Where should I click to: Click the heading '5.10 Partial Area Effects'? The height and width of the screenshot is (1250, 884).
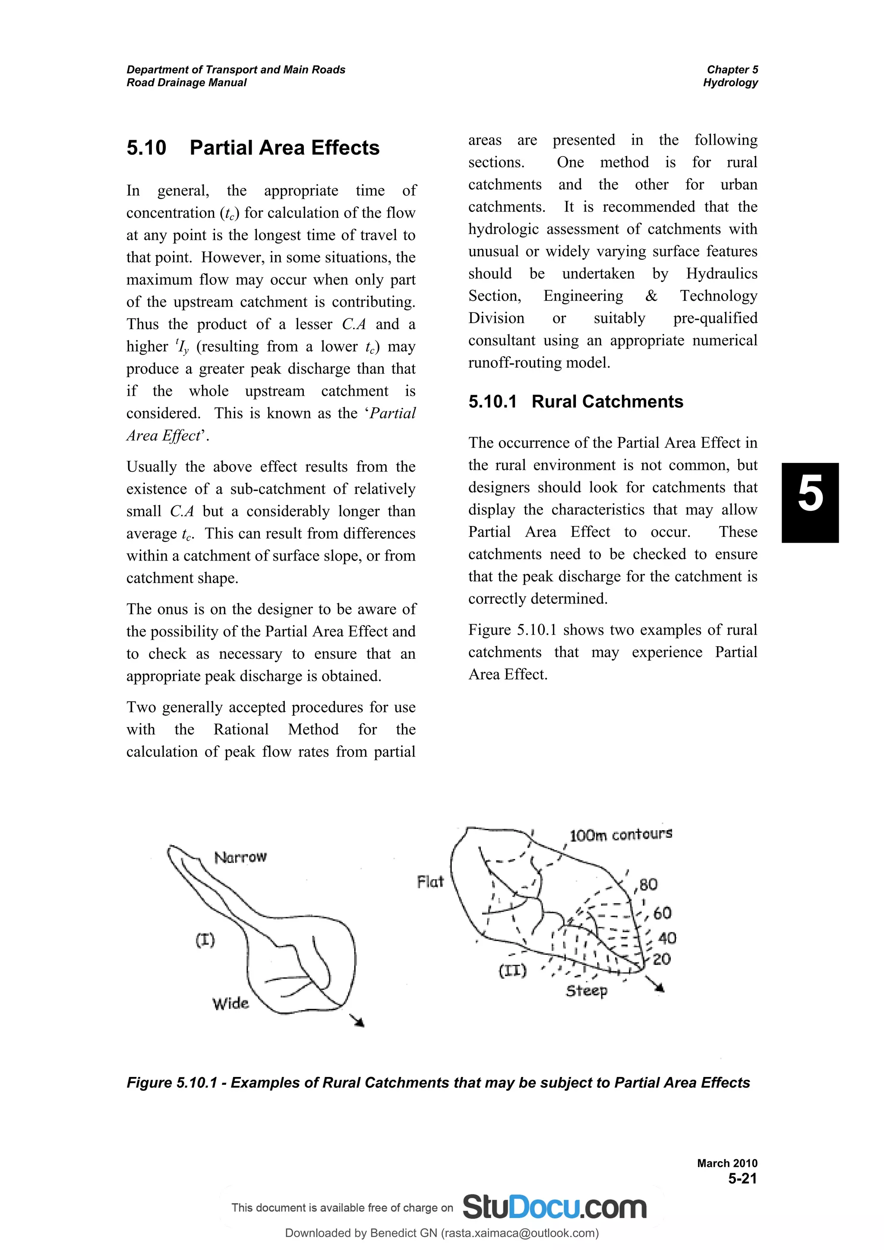pyautogui.click(x=253, y=148)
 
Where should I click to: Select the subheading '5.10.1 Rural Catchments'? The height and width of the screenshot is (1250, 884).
pyautogui.click(x=575, y=402)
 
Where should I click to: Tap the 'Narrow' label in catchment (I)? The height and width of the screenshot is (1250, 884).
pyautogui.click(x=240, y=857)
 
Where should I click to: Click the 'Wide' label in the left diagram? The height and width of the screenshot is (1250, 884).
pyautogui.click(x=230, y=1003)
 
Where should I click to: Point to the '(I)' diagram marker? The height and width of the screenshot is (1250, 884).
pyautogui.click(x=205, y=940)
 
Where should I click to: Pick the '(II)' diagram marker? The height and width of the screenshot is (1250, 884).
pyautogui.click(x=512, y=971)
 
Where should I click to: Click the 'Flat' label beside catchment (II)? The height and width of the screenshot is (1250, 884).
pyautogui.click(x=430, y=882)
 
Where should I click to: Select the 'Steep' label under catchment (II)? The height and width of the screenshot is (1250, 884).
pyautogui.click(x=586, y=990)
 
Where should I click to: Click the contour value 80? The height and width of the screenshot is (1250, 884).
pyautogui.click(x=648, y=885)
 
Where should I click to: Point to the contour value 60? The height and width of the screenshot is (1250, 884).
pyautogui.click(x=662, y=913)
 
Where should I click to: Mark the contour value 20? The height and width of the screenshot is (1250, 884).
pyautogui.click(x=661, y=959)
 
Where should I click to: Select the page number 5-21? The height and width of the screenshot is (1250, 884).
pyautogui.click(x=742, y=1179)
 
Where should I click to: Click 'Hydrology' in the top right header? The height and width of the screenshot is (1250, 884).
pyautogui.click(x=730, y=83)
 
